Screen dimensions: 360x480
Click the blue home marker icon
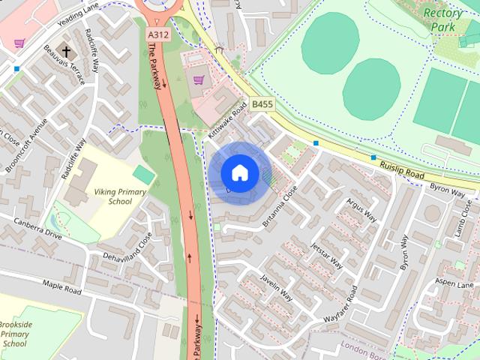coord(240,172)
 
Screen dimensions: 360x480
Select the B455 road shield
coord(262,104)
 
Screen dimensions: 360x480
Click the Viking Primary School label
coord(119,196)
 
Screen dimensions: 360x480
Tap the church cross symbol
coord(67,52)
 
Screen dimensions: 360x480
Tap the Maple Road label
coord(61,286)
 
